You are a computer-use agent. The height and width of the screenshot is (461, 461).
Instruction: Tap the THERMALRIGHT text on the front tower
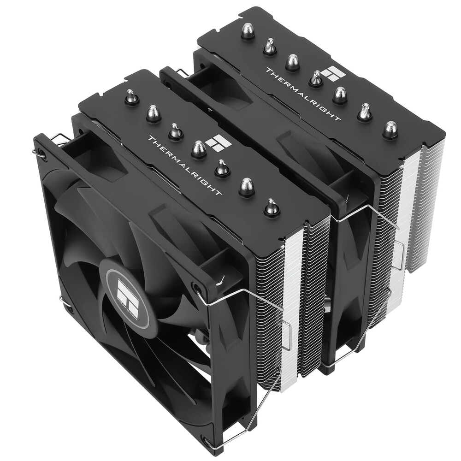coord(184,165)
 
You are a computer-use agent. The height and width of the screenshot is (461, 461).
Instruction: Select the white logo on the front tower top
coord(218,143)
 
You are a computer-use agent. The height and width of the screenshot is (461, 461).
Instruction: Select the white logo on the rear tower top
coord(331,73)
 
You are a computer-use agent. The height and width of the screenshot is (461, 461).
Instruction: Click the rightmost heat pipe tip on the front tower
coord(272,207)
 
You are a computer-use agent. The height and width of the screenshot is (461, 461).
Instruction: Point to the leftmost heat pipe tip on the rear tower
coord(248,31)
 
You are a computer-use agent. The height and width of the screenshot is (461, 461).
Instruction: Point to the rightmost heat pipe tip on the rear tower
coord(390,130)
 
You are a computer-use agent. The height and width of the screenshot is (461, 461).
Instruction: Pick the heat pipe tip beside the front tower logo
coord(199,149)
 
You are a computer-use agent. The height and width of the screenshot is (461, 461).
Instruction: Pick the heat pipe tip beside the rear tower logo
coord(316,79)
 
